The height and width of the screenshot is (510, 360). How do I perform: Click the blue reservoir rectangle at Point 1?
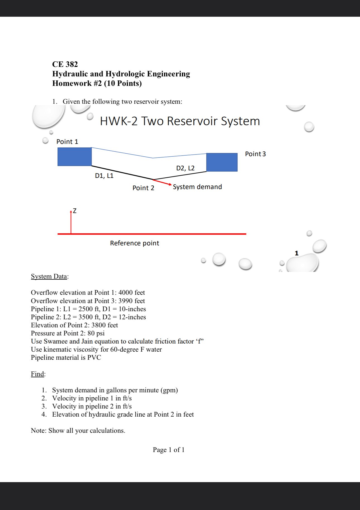click(75, 157)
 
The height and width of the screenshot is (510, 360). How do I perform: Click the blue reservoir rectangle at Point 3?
click(222, 162)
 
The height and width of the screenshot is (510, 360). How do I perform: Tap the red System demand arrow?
click(162, 182)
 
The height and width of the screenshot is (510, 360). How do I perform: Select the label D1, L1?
click(104, 176)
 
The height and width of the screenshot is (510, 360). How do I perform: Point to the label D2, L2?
click(185, 168)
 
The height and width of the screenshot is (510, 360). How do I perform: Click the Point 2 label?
click(143, 188)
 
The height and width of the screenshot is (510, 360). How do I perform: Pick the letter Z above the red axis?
click(75, 211)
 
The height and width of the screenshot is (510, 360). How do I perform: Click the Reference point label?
click(135, 243)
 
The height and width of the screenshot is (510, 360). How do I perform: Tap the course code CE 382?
click(65, 64)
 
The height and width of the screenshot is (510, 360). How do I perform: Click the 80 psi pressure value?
click(96, 333)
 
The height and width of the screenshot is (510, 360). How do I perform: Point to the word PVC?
click(94, 357)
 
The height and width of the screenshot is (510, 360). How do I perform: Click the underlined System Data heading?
click(49, 276)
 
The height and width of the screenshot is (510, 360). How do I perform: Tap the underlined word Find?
click(37, 374)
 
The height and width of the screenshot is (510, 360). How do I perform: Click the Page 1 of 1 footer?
click(169, 450)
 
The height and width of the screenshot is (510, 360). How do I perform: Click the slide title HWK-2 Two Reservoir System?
click(180, 121)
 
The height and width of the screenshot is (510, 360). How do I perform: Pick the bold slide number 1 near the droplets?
click(297, 253)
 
